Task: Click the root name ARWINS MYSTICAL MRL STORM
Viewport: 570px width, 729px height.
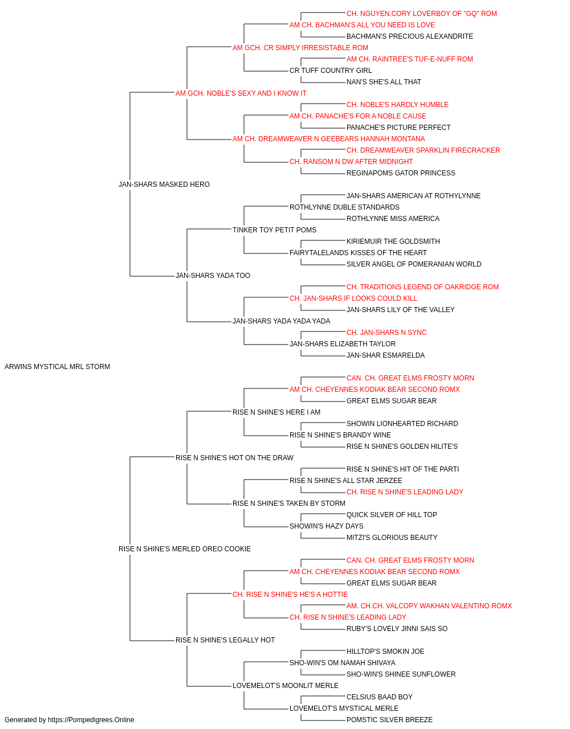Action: point(57,367)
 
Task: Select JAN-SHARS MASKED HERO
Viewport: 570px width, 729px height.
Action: point(164,185)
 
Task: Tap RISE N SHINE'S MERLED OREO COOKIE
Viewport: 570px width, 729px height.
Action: point(185,549)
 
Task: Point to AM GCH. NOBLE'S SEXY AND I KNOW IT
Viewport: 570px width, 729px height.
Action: point(241,93)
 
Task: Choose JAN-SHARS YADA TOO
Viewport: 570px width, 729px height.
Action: point(213,276)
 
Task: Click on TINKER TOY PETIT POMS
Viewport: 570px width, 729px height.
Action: point(274,230)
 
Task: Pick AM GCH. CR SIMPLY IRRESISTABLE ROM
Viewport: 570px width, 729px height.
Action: point(300,48)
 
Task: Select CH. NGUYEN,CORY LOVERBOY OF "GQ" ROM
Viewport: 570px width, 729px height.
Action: point(422,14)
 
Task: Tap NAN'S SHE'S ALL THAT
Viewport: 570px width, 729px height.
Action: point(384,82)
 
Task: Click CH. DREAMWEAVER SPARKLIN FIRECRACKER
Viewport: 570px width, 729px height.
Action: point(424,150)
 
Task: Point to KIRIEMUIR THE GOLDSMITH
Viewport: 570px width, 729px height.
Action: point(393,241)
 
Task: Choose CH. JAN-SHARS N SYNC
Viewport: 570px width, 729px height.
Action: point(386,333)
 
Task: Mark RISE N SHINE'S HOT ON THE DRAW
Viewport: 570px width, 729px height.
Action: point(234,457)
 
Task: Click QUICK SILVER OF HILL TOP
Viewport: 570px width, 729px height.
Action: point(392,515)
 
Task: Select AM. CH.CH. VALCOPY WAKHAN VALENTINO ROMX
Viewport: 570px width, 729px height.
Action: point(429,606)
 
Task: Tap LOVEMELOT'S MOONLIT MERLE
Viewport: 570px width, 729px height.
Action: point(286,685)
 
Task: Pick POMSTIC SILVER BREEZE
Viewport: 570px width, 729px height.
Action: point(389,720)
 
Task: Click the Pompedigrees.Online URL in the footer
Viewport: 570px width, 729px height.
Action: point(91,720)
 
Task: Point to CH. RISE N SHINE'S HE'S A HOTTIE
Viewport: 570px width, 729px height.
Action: point(290,595)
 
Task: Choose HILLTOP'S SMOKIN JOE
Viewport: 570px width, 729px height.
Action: point(385,652)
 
